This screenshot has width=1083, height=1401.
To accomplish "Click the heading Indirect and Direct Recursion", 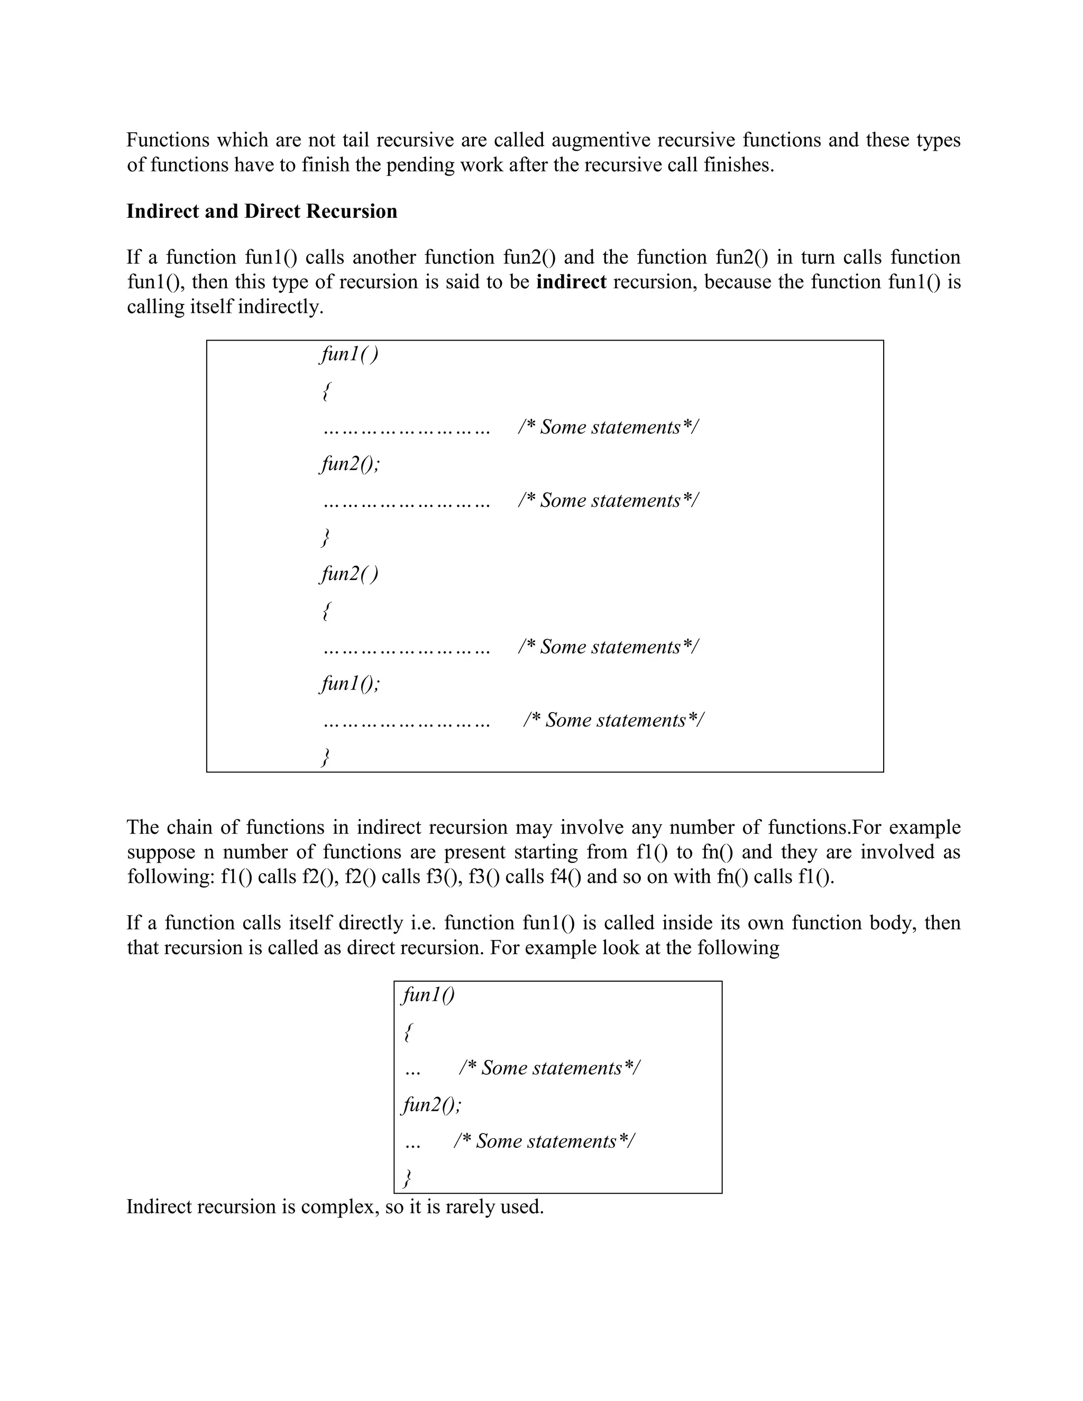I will pyautogui.click(x=262, y=211).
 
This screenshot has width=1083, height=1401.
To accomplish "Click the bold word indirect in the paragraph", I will pyautogui.click(x=571, y=282).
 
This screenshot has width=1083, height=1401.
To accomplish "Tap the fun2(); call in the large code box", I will pyautogui.click(x=350, y=464).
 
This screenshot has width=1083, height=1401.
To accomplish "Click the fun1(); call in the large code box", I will pyautogui.click(x=350, y=683).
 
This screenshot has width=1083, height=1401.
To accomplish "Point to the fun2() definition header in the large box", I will pyautogui.click(x=349, y=574).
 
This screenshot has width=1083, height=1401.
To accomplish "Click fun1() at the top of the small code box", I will pyautogui.click(x=428, y=995).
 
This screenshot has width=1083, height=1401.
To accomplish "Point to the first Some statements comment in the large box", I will pyautogui.click(x=608, y=427).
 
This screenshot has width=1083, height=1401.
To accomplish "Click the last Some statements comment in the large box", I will pyautogui.click(x=613, y=721).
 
